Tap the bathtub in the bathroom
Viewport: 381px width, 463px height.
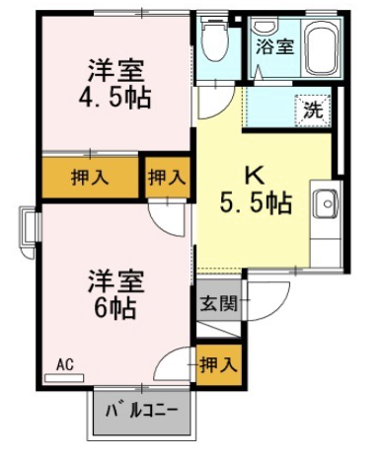322,48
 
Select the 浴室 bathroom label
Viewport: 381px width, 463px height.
275,46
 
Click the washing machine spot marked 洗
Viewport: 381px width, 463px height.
313,111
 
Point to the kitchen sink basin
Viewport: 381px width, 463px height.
326,204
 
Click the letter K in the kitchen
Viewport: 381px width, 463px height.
255,176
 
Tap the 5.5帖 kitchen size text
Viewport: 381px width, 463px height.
256,203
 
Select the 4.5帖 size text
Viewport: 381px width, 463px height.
114,98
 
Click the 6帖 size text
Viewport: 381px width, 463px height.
114,308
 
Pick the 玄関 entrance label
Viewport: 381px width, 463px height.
219,304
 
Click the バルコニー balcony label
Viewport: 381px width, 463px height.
142,411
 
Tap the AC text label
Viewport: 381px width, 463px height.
65,365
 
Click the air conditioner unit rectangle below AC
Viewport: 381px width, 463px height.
64,378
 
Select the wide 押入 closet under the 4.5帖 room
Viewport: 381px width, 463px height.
90,178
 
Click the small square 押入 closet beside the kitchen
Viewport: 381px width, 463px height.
168,178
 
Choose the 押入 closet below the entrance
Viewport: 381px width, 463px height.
219,365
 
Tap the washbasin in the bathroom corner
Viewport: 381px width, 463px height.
267,25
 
